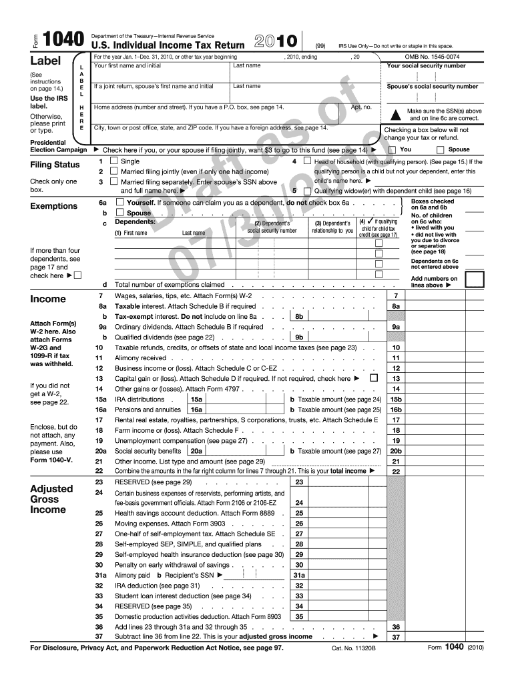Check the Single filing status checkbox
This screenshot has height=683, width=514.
click(x=113, y=161)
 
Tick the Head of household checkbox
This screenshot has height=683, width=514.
click(x=306, y=161)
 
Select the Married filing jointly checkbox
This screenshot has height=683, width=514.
click(x=113, y=171)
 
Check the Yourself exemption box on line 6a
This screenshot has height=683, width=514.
click(x=119, y=201)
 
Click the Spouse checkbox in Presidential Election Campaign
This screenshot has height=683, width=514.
click(x=440, y=150)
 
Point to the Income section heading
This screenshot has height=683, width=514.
click(x=48, y=299)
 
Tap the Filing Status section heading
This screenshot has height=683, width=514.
click(x=55, y=165)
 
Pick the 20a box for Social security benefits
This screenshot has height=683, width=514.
click(x=196, y=451)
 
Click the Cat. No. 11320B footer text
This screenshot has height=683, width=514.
click(x=354, y=648)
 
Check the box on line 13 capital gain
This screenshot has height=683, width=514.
click(x=373, y=378)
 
